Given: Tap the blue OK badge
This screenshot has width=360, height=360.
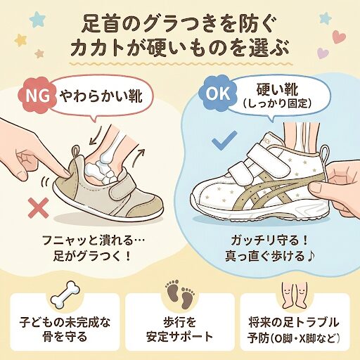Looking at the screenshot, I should [x=216, y=91].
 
